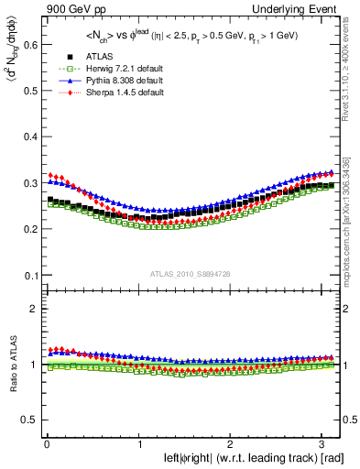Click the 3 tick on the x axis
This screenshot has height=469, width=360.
(x=324, y=445)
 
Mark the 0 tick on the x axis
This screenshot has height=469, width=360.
(x=46, y=445)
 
